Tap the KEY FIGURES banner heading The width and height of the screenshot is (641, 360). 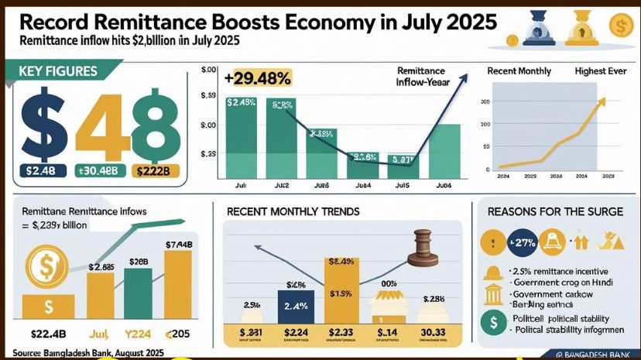(58, 72)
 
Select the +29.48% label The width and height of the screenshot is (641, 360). (258, 77)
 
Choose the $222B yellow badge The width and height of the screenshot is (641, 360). (157, 171)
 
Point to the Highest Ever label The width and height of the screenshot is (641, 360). (601, 71)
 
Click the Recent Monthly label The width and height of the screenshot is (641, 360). (519, 71)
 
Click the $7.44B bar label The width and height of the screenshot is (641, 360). (180, 245)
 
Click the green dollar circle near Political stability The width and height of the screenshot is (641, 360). (491, 322)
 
